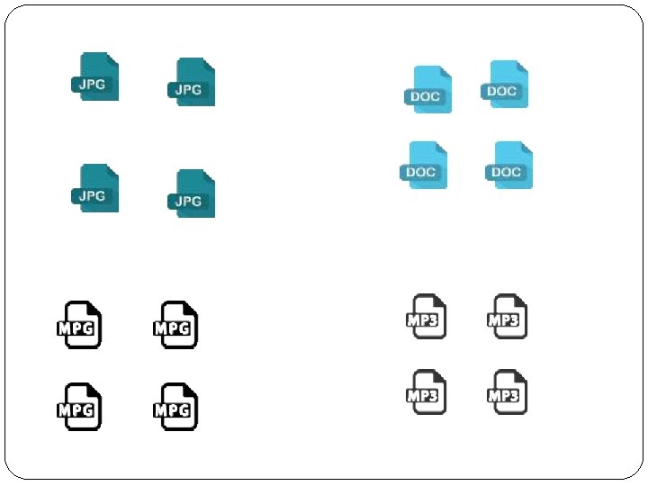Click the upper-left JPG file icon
click(x=96, y=76)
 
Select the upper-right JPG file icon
click(x=193, y=82)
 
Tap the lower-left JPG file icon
click(x=96, y=188)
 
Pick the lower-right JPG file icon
click(x=193, y=193)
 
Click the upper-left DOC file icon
click(x=429, y=89)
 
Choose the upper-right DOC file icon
click(x=507, y=84)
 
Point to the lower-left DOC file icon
click(x=425, y=165)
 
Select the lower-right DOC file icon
click(x=510, y=165)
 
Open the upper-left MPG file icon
click(x=78, y=324)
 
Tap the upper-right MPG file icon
click(x=175, y=324)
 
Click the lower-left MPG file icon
click(x=78, y=406)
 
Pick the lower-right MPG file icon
click(x=175, y=406)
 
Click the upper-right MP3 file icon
click(x=507, y=316)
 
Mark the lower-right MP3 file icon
click(x=507, y=391)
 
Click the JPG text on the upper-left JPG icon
click(x=92, y=84)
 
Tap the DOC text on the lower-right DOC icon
click(x=506, y=172)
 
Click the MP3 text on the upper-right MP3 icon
click(x=503, y=320)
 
